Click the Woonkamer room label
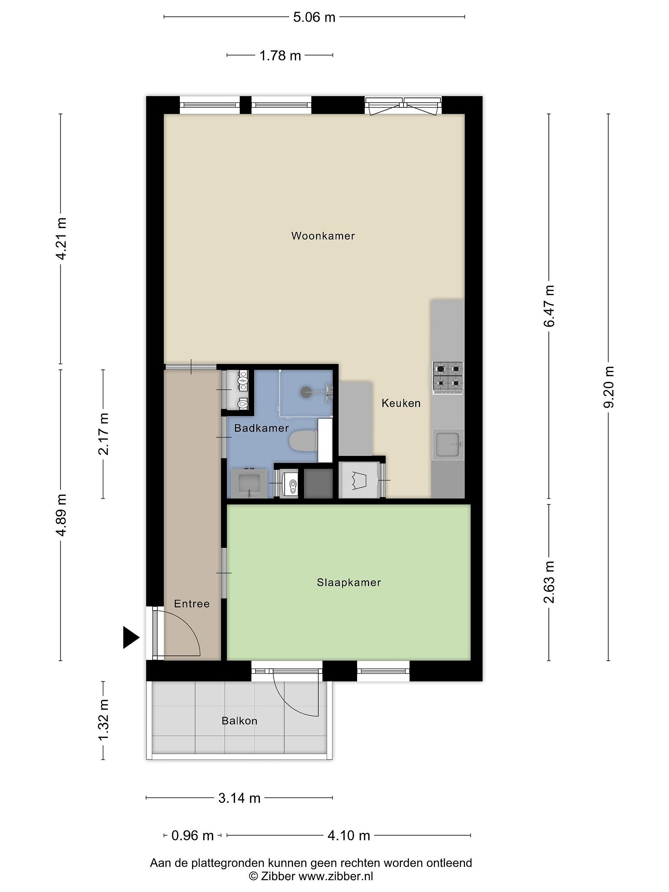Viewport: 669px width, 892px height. (323, 236)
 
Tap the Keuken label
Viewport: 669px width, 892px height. (401, 403)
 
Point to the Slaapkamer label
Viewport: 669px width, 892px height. (349, 582)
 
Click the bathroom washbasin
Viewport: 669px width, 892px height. (248, 483)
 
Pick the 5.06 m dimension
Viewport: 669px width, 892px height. (314, 17)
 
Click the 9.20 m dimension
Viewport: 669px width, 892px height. (609, 387)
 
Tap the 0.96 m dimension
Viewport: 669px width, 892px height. (192, 835)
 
